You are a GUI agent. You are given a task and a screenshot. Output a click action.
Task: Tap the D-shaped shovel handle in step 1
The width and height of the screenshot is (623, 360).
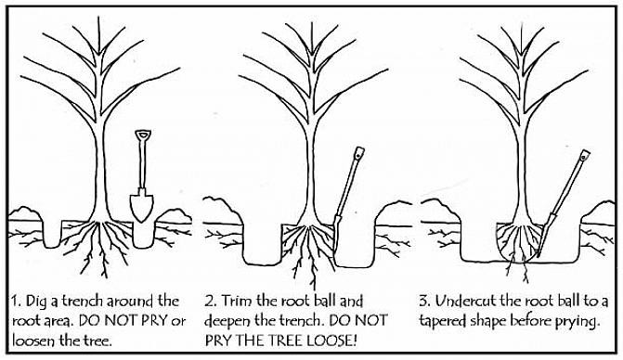point(143,135)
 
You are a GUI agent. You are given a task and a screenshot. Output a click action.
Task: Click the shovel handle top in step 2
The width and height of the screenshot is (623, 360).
point(359,152)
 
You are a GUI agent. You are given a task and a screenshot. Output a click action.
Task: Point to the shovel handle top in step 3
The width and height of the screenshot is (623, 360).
point(584,155)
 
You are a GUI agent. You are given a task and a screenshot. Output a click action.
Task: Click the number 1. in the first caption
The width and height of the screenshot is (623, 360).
point(16,302)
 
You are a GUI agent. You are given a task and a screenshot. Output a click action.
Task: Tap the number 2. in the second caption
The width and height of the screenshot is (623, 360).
point(211,301)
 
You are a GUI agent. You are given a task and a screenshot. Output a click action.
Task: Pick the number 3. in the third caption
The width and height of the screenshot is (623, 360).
point(425,301)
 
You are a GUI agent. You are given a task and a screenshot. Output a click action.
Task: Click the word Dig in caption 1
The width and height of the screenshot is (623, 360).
point(36,302)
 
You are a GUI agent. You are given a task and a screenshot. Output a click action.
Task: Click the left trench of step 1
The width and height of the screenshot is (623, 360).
point(52,234)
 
